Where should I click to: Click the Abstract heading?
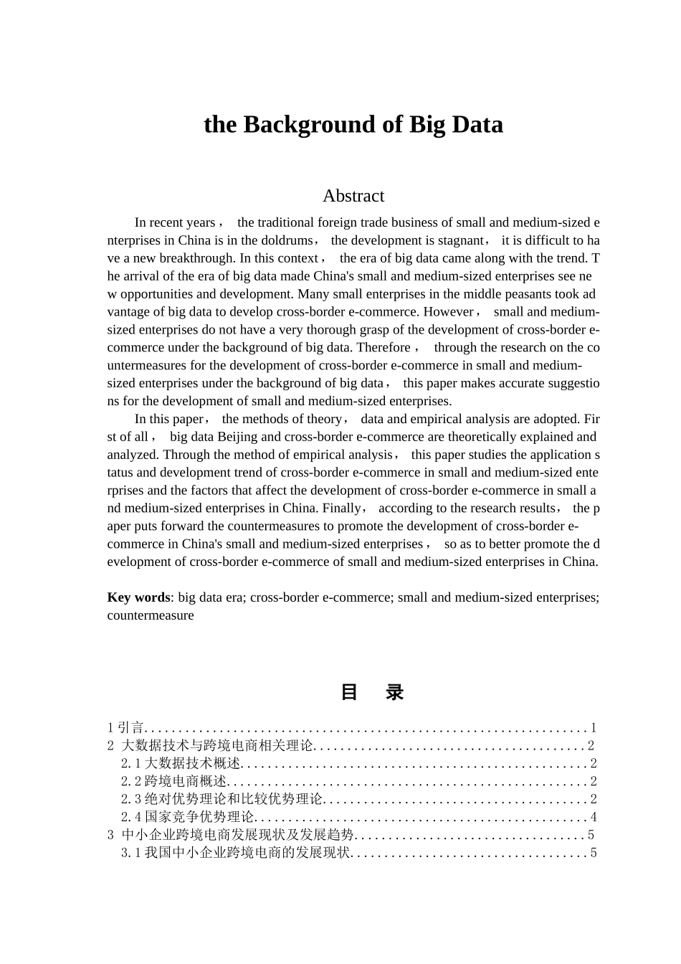pyautogui.click(x=353, y=196)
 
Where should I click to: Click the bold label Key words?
pyautogui.click(x=138, y=597)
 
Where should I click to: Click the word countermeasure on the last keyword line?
pyautogui.click(x=151, y=615)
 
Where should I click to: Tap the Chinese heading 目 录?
pyautogui.click(x=371, y=692)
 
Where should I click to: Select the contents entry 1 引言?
pyautogui.click(x=125, y=727)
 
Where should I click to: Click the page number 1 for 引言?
pyautogui.click(x=594, y=727)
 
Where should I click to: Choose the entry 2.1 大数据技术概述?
pyautogui.click(x=181, y=763)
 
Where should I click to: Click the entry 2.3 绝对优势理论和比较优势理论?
pyautogui.click(x=222, y=799)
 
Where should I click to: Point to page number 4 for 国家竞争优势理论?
pyautogui.click(x=594, y=817)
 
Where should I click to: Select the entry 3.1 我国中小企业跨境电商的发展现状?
pyautogui.click(x=235, y=853)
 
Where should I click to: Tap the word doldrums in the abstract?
pyautogui.click(x=288, y=240)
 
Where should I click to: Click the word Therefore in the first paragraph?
pyautogui.click(x=384, y=347)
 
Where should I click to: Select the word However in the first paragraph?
pyautogui.click(x=448, y=312)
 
